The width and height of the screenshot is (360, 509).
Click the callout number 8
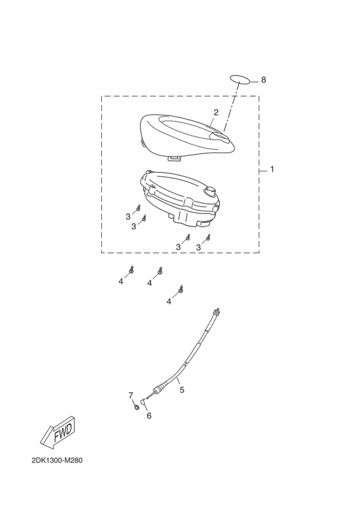click(x=263, y=80)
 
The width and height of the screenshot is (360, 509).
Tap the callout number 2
click(x=215, y=112)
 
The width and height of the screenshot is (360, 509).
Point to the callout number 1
click(x=272, y=169)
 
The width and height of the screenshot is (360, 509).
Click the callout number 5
click(x=182, y=390)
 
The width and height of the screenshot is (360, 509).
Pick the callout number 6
click(x=149, y=416)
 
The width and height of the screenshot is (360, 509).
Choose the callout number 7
click(x=130, y=396)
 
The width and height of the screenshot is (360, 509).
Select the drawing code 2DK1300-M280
click(x=57, y=460)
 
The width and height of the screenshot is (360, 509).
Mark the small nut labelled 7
click(x=137, y=406)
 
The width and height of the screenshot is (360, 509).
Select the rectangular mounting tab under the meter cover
click(x=174, y=158)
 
